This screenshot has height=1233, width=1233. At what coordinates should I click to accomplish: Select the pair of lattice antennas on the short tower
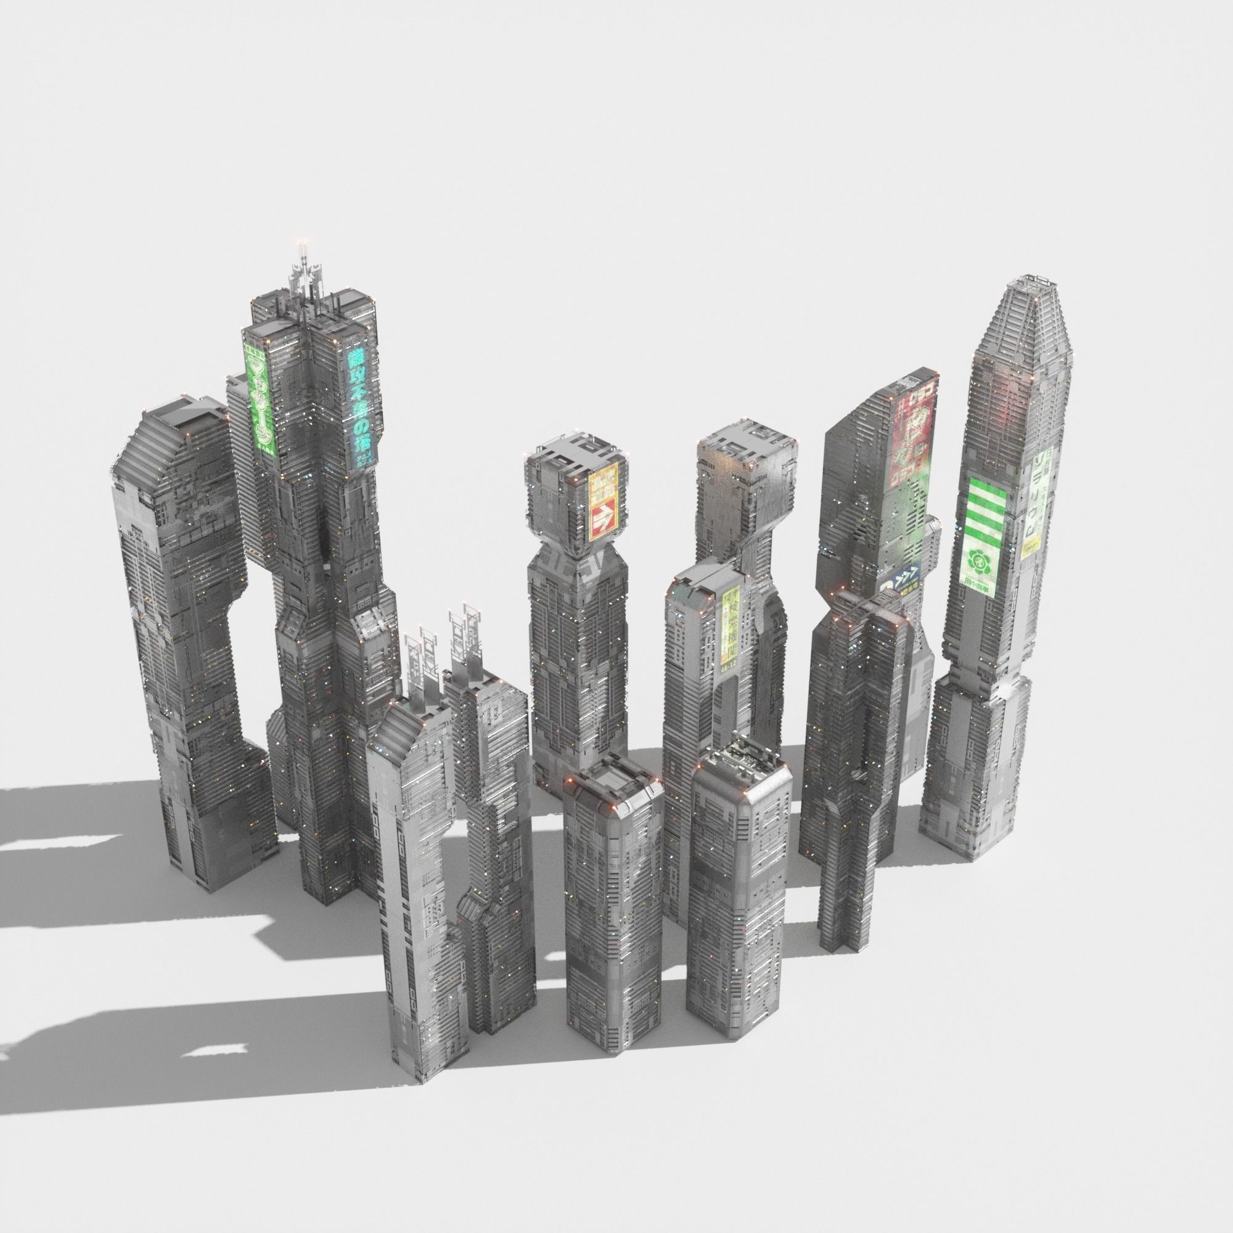click(x=440, y=645)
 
